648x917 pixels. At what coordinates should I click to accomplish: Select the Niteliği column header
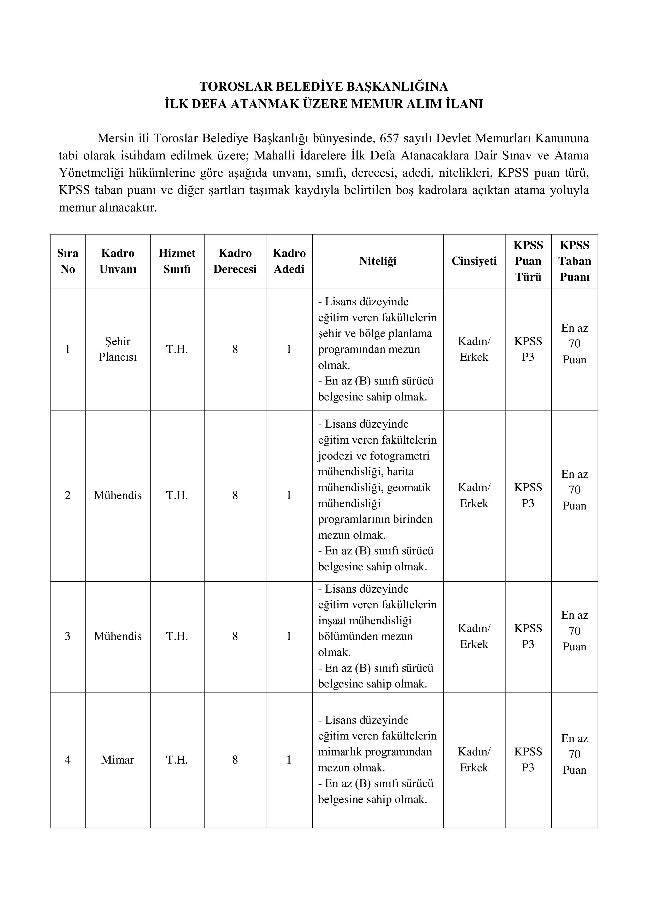(x=377, y=261)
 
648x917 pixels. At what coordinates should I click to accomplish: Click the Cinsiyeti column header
(x=474, y=261)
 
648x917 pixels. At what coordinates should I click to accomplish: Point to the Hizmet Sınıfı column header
(x=177, y=261)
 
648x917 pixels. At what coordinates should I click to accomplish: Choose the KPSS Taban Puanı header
(x=575, y=261)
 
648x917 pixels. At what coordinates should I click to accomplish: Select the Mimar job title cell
(x=118, y=760)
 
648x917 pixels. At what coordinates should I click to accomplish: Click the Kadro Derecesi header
(x=235, y=261)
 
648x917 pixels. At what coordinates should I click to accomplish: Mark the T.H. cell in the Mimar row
(x=177, y=760)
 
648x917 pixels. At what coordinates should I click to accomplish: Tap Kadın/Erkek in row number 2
(x=474, y=495)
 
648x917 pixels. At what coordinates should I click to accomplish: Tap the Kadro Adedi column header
(x=289, y=261)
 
